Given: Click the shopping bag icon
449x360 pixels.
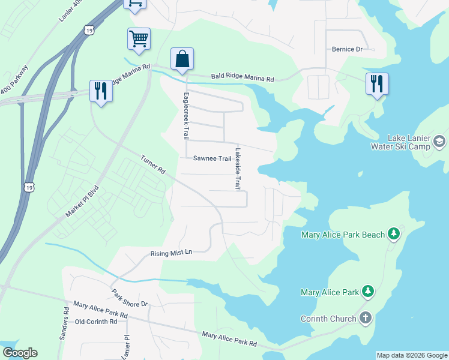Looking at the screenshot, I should point(182,59).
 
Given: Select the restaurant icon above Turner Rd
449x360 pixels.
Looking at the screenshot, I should point(100,91).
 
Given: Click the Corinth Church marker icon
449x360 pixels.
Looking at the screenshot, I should point(366,319).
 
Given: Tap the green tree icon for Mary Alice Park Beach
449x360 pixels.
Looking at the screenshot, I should point(393,234).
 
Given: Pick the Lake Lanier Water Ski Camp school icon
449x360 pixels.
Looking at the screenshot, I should point(439,142).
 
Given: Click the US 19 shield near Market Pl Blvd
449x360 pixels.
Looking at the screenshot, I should point(29,187).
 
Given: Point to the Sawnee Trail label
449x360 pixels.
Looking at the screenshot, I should point(212,158).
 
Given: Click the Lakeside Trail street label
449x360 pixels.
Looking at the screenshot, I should point(238,169).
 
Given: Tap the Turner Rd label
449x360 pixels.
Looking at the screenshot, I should point(153,164).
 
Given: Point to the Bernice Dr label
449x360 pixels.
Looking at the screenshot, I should point(348,49).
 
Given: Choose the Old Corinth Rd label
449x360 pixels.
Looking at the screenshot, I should point(95,322).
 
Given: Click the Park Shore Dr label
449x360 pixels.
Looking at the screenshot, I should point(129,298).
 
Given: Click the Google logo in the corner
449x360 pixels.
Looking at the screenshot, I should point(20,353).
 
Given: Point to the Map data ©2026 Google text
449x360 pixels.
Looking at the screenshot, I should point(412,355).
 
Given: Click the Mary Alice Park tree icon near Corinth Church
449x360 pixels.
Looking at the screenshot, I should point(368,292).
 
